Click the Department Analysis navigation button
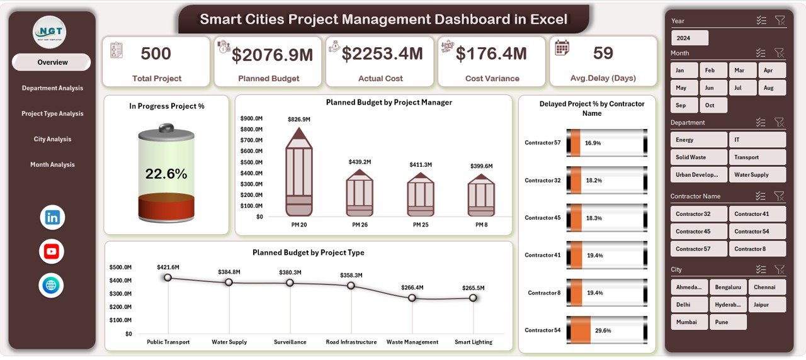coord(52,88)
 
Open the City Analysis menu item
coord(52,139)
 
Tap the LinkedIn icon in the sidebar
coord(52,218)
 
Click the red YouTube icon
coord(52,252)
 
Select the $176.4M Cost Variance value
coord(491,54)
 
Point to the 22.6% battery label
coord(166,174)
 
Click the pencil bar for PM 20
coord(299,174)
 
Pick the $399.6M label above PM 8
coord(481,166)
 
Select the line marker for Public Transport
coord(167,278)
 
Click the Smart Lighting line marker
coord(473,298)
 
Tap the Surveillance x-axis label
coord(290,342)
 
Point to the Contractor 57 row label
coord(542,143)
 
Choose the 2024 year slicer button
coord(690,38)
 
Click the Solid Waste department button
coord(698,157)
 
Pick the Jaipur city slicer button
coord(767,305)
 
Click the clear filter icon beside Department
coord(780,123)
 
